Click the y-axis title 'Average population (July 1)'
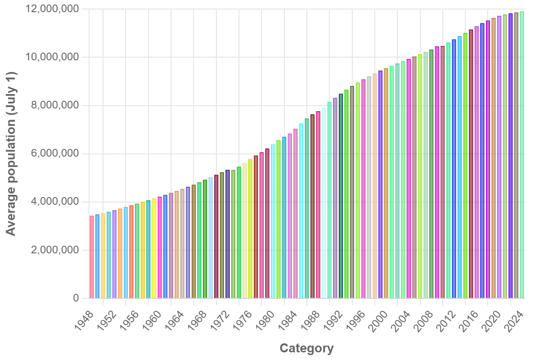tap(11, 153)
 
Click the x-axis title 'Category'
tap(306, 348)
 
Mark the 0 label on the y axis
tap(76, 298)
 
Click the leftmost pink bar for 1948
tap(92, 257)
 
